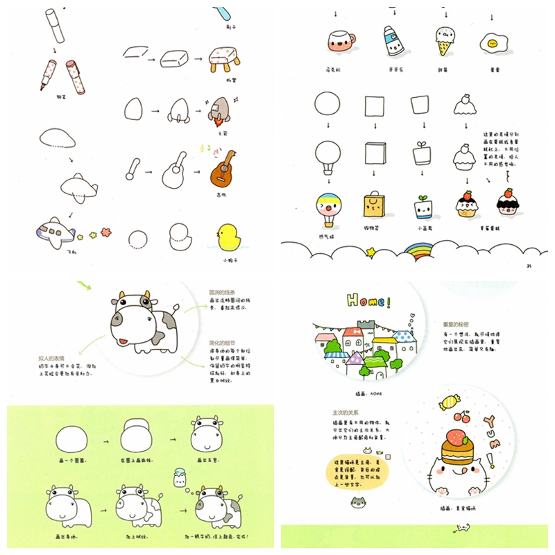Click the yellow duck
pyautogui.click(x=230, y=239)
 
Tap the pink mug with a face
pyautogui.click(x=340, y=42)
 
